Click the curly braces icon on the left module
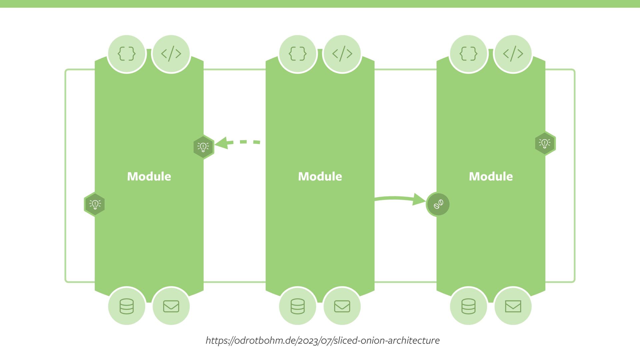[127, 54]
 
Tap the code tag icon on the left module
[171, 54]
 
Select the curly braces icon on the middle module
[298, 54]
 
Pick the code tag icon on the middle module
[342, 54]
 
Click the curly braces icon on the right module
[468, 54]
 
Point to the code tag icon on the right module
[513, 54]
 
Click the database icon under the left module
[127, 306]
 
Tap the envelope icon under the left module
[171, 306]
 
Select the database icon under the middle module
[298, 306]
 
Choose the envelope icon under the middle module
[342, 306]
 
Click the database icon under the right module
[468, 306]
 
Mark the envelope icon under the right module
[513, 306]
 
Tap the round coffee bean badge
[438, 204]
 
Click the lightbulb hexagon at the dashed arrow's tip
[203, 147]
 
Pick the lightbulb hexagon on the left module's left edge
[95, 204]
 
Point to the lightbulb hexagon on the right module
[545, 143]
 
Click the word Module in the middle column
[320, 176]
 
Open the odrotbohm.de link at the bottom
[322, 340]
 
